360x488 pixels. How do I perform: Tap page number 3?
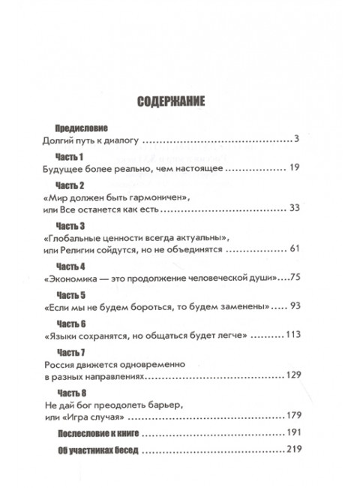click(x=297, y=140)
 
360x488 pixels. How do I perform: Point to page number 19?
click(x=294, y=170)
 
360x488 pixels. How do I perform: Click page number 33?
click(x=294, y=208)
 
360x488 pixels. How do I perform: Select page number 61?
click(x=294, y=249)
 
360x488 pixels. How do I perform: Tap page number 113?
click(x=292, y=336)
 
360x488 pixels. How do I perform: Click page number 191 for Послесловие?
click(x=292, y=434)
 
